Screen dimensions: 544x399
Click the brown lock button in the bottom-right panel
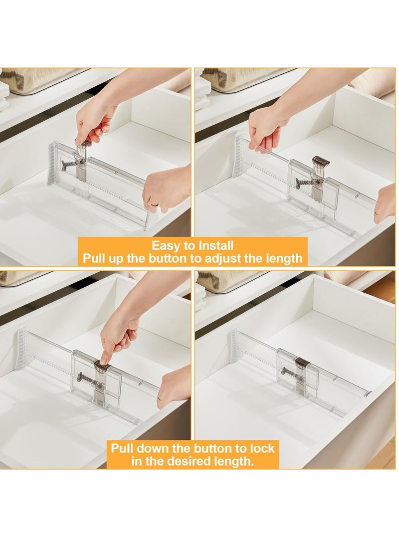301,363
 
